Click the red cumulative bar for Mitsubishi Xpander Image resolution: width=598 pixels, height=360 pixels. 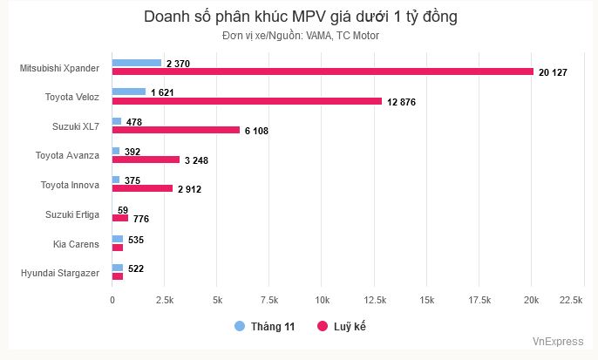pos(323,71)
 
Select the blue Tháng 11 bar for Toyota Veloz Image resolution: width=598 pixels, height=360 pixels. pos(129,92)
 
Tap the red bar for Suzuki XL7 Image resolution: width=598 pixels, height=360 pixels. pos(176,130)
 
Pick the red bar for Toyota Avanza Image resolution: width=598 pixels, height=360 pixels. pos(146,160)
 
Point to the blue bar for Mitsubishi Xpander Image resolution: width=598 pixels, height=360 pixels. pos(137,62)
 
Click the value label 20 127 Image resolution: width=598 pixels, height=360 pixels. pos(553,72)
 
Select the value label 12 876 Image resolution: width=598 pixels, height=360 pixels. pos(402,102)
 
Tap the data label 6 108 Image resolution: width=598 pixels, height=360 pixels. pos(260,131)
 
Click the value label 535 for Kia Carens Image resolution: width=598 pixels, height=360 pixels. pos(136,239)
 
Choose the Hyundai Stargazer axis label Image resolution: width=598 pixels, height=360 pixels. pos(60,273)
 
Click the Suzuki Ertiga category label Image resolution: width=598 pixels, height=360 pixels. pos(72,214)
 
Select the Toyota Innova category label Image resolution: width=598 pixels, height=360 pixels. pos(70,185)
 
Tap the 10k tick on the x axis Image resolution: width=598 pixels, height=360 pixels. pos(322,300)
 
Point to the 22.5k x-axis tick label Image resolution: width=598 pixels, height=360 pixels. pos(570,300)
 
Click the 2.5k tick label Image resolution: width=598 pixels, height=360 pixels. pos(165,300)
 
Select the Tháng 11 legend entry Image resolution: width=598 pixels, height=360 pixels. pos(265,327)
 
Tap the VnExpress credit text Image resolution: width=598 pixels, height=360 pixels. pos(558,343)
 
